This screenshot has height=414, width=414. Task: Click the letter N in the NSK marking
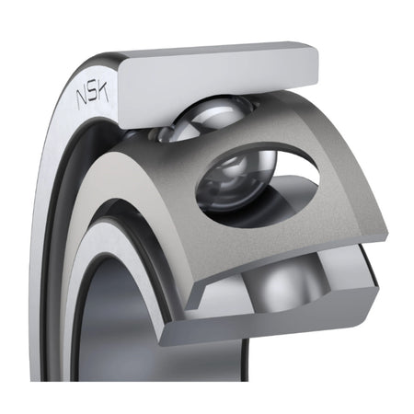coord(82,98)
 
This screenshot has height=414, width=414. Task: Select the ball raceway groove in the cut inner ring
coord(287,283)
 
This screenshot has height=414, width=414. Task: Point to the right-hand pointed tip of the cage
coord(387,236)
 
